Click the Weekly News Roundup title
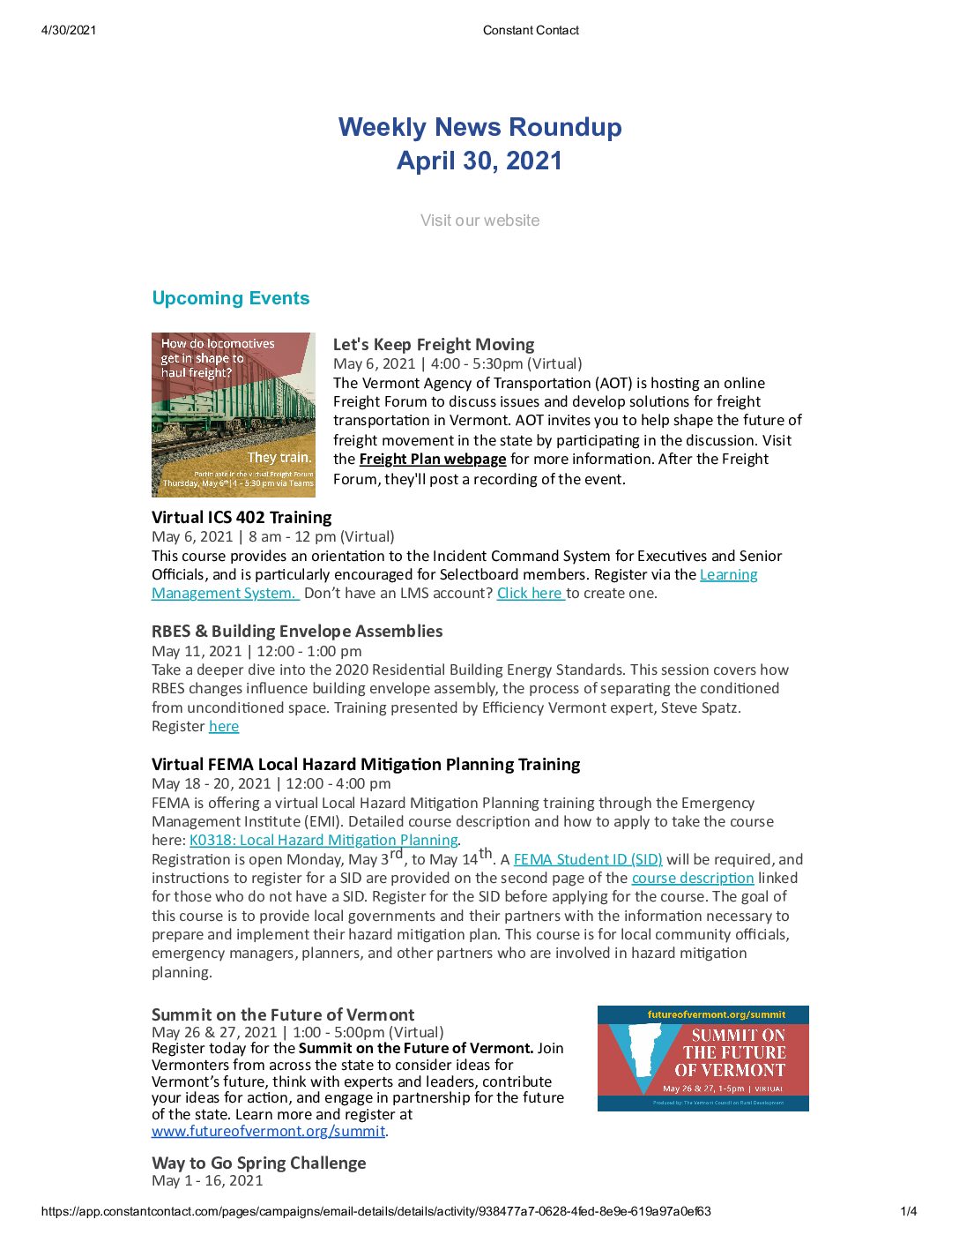tap(479, 128)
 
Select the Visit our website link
tap(479, 221)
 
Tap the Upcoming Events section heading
tap(231, 298)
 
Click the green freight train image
tap(234, 415)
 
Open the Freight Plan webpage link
tap(433, 460)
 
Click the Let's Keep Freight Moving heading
tap(434, 344)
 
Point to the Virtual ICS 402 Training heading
tap(242, 517)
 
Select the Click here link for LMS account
tap(530, 594)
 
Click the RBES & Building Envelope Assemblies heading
tap(297, 631)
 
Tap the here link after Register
tap(224, 727)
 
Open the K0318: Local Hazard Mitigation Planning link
tap(323, 841)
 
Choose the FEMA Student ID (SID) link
tap(588, 859)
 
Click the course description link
tap(693, 879)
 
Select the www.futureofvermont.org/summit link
tap(268, 1132)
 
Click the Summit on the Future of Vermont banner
tap(703, 1059)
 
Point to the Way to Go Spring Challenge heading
tap(258, 1163)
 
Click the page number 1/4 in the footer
tap(908, 1212)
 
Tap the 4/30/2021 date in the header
tap(69, 30)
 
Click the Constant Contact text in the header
tap(531, 30)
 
